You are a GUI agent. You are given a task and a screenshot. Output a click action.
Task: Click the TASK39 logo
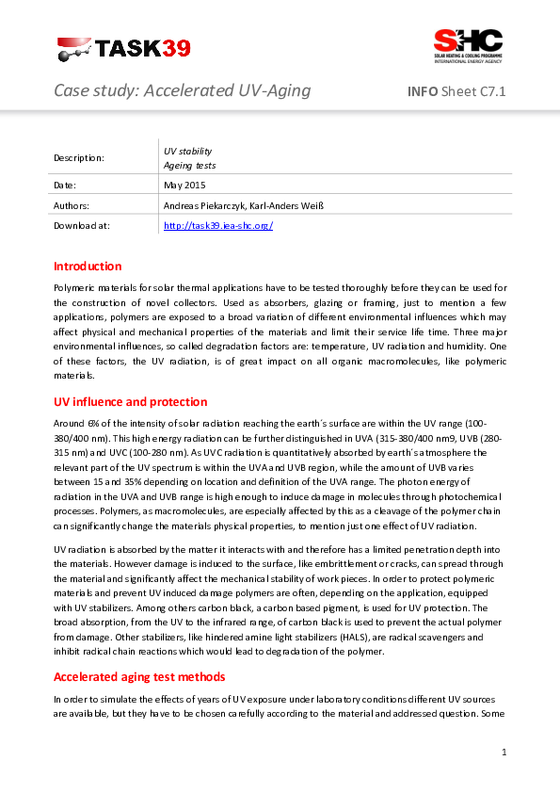point(123,48)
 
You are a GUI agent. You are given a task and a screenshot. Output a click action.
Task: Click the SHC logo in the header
point(468,46)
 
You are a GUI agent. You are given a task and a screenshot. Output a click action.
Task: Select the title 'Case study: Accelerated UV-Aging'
point(182,91)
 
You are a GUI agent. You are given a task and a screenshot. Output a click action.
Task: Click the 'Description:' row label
point(79,158)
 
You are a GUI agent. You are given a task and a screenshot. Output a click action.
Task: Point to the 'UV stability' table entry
point(188,151)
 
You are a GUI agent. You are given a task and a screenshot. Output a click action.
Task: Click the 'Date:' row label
point(65,186)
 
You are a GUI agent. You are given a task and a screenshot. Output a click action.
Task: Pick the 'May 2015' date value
point(184,186)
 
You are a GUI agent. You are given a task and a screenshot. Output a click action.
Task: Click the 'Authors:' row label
point(72,205)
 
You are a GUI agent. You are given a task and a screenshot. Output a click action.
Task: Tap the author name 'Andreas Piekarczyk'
point(202,205)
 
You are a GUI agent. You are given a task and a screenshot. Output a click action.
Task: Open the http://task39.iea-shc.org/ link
point(218,226)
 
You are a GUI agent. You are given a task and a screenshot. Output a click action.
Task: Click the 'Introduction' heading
point(88,267)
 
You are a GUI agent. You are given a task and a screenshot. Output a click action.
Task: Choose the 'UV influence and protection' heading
point(131,402)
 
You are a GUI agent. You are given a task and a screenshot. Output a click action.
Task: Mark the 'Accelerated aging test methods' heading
point(139,677)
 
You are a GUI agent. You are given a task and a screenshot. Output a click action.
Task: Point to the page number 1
point(504,753)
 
